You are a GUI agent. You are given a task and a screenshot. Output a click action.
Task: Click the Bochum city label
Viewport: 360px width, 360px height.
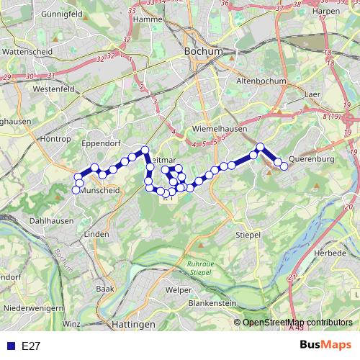[204, 52]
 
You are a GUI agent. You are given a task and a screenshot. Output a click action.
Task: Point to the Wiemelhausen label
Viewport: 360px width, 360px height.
[220, 129]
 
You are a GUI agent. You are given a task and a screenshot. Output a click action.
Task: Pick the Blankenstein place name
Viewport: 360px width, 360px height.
[212, 304]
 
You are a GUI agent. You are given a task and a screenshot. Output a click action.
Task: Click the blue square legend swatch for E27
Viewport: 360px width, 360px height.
[10, 346]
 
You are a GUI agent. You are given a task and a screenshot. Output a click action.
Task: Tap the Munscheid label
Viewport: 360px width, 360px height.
[99, 191]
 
